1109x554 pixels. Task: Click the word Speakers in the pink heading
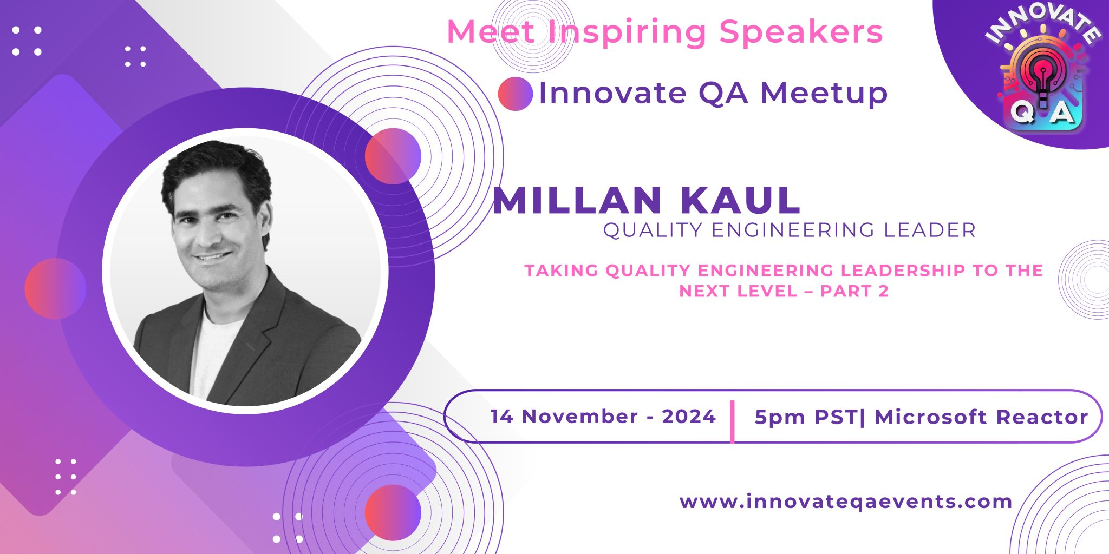tap(801, 31)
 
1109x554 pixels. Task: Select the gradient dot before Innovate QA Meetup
tap(515, 94)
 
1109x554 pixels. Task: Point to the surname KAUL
tap(740, 201)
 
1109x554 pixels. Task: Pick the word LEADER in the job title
tap(930, 230)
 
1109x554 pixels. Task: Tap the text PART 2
tap(854, 291)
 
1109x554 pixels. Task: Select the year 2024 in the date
tap(689, 417)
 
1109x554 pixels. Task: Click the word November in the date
tap(580, 417)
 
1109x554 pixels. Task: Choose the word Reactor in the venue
tap(1042, 417)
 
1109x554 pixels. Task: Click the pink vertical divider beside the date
tap(732, 422)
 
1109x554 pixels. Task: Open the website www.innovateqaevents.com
tap(846, 502)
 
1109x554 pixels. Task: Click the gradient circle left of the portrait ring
tap(55, 288)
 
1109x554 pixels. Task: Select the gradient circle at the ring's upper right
tap(393, 156)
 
